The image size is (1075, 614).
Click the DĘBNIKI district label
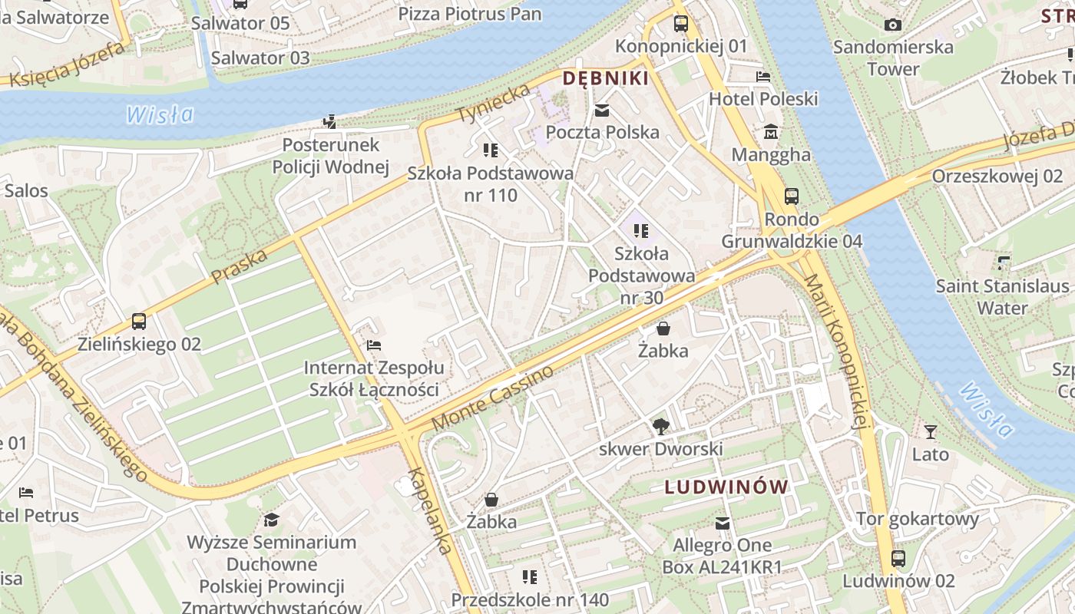(x=606, y=78)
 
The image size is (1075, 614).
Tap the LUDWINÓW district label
(x=726, y=487)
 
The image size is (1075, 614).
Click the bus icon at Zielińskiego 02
(x=139, y=322)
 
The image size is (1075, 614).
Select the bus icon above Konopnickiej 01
(x=681, y=23)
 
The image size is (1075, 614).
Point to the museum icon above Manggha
(x=771, y=132)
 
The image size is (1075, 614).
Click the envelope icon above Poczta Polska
(x=602, y=111)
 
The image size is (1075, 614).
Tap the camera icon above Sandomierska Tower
(x=892, y=25)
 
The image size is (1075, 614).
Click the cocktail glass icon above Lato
(x=931, y=432)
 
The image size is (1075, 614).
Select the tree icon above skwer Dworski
(x=660, y=426)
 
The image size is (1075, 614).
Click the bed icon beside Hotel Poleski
(x=762, y=77)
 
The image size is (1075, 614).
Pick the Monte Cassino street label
(x=492, y=398)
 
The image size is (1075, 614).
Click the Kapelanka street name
(x=429, y=510)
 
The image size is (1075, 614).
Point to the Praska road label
(x=239, y=266)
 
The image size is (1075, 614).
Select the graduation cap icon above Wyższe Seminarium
(x=271, y=520)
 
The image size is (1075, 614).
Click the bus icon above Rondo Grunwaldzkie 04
(x=792, y=196)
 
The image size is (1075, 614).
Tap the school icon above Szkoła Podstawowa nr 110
(x=490, y=150)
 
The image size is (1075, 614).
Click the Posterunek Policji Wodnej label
(x=331, y=156)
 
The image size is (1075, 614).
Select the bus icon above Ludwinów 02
(x=898, y=558)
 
